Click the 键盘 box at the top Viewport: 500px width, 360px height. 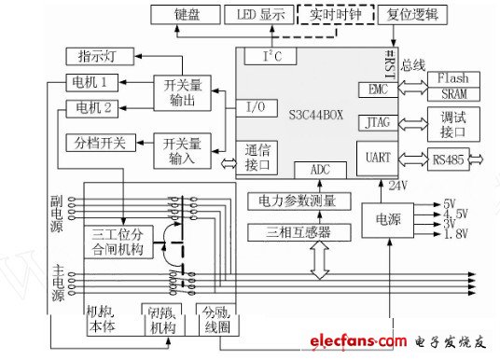coord(186,15)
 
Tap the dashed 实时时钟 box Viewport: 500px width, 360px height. coord(335,15)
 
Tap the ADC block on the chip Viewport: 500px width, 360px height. coord(321,170)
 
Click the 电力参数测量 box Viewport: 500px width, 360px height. coord(299,201)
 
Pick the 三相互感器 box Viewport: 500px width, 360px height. coord(299,231)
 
